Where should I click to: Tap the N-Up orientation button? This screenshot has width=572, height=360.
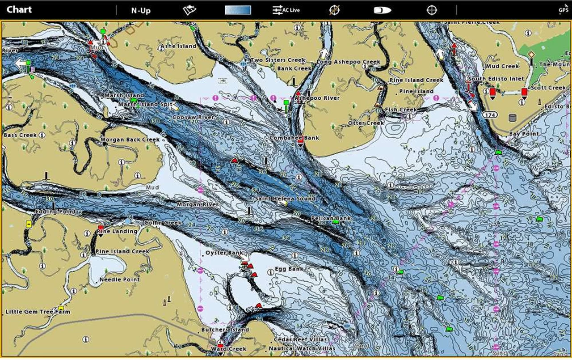click(x=140, y=10)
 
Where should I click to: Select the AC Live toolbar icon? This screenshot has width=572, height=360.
click(x=286, y=10)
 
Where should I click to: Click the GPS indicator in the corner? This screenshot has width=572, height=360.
click(x=563, y=10)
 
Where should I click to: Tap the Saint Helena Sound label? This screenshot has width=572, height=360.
click(x=285, y=198)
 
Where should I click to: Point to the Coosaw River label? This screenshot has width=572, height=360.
click(x=193, y=117)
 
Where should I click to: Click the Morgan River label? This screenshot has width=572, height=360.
click(x=198, y=204)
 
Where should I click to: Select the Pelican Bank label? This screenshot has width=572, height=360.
click(x=331, y=218)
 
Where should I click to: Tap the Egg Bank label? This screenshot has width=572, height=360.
click(x=289, y=269)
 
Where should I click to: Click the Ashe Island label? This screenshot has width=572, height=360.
click(x=178, y=46)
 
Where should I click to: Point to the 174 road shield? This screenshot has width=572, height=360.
click(x=490, y=115)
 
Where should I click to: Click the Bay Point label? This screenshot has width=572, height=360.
click(x=524, y=134)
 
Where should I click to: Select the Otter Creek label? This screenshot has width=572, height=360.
click(x=366, y=123)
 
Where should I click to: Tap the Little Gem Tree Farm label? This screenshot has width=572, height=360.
click(x=38, y=312)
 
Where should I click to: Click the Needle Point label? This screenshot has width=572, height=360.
click(x=119, y=280)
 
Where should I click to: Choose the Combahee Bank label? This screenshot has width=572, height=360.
click(x=294, y=138)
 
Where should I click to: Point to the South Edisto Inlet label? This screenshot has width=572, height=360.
click(x=496, y=79)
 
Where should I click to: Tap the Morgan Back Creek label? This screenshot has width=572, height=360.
click(x=130, y=140)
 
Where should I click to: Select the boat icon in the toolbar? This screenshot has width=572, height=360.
click(x=383, y=10)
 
